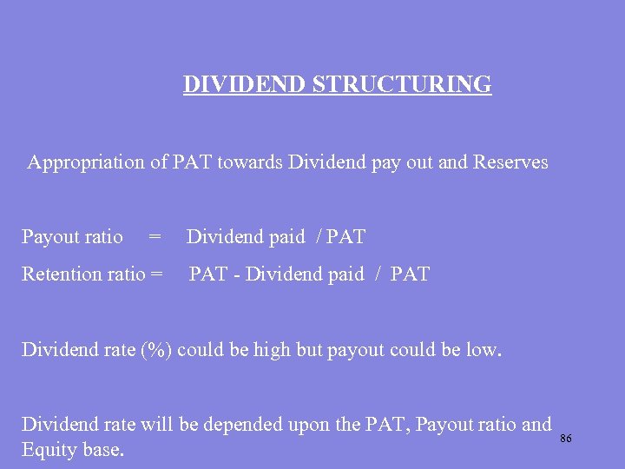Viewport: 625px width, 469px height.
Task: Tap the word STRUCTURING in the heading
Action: (x=401, y=85)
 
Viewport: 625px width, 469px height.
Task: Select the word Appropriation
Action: (x=85, y=162)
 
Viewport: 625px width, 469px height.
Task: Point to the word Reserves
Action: (x=510, y=162)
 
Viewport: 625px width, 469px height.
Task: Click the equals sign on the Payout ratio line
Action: (x=155, y=237)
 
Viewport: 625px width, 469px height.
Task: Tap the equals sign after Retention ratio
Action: (x=156, y=274)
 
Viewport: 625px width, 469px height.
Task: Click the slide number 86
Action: (x=566, y=439)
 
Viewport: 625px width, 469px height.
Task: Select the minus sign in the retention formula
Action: (x=236, y=275)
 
